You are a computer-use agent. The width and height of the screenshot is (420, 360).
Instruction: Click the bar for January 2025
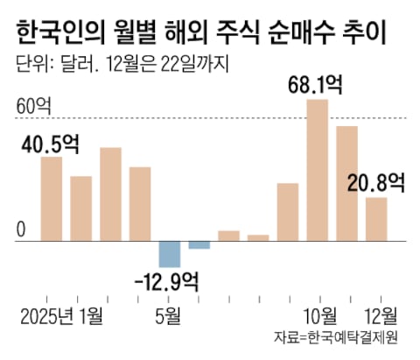52,197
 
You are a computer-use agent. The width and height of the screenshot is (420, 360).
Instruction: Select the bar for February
81,207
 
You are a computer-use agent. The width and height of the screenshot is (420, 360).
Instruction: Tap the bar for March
110,193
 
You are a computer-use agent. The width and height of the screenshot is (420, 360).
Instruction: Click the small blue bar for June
199,244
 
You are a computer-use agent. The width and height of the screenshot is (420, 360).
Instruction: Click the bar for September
288,210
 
